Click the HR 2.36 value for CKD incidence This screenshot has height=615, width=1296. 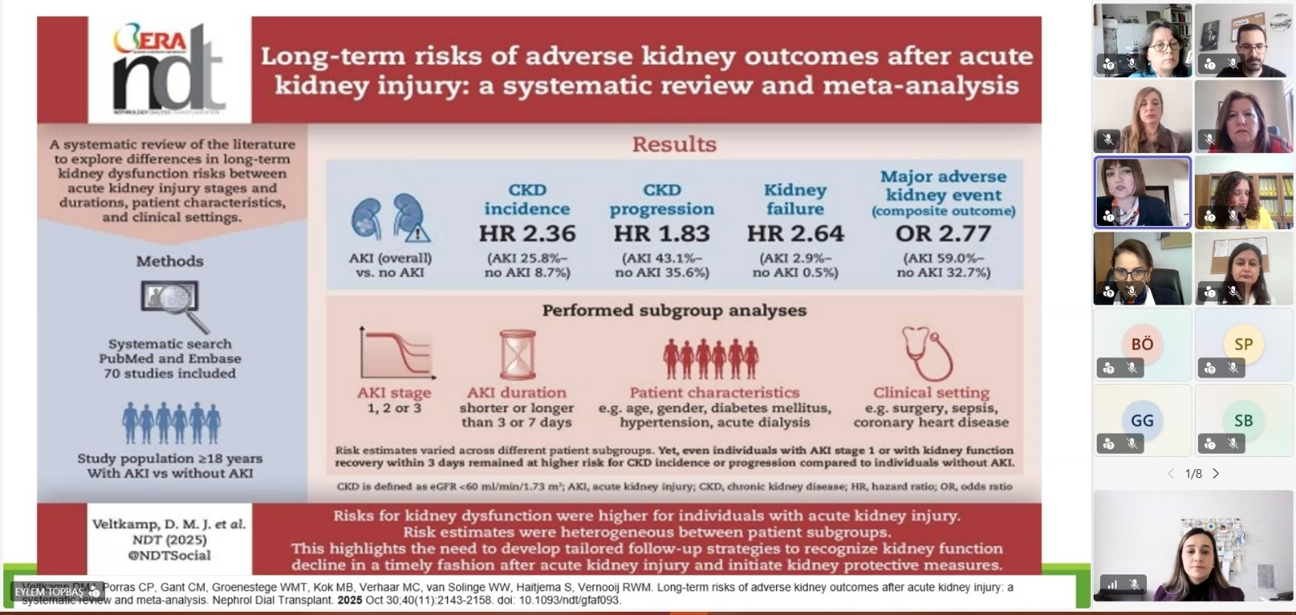pos(527,233)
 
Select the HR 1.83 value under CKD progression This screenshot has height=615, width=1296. pos(662,233)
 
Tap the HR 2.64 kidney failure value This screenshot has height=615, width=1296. pos(795,233)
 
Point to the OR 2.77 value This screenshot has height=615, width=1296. pos(943,233)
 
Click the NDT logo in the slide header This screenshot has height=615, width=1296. pos(168,70)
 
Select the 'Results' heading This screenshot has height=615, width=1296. pos(674,144)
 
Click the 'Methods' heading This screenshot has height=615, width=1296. pos(169,261)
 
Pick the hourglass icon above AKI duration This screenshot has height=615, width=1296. pos(517,355)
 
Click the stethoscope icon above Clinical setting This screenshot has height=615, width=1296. pos(927,352)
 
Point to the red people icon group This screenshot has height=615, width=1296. pos(711,358)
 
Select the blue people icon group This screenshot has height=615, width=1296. pos(171,422)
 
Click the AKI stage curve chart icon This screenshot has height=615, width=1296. pos(397,353)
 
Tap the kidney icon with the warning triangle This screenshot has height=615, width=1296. pos(412,220)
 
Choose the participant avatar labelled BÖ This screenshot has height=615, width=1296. pos(1142,344)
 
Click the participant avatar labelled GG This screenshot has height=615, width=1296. pos(1142,421)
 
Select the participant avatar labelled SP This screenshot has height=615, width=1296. pos(1243,344)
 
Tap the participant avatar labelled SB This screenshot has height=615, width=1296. pos(1243,421)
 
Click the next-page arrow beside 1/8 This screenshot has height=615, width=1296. pos(1216,474)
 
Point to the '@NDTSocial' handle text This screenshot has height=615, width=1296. pos(169,555)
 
